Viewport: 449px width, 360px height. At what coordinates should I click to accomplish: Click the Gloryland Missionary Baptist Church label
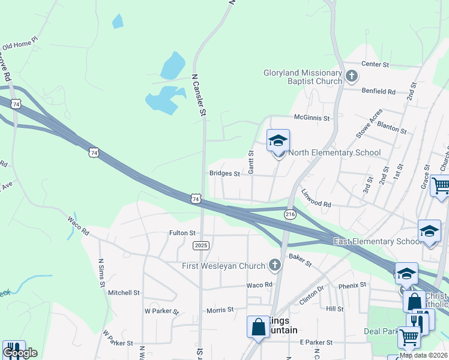tap(303, 77)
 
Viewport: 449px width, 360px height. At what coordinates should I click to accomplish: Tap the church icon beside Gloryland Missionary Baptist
tap(352, 76)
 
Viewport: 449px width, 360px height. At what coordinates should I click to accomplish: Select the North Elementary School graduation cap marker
tap(278, 141)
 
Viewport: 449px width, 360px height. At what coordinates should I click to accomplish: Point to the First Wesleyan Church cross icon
tap(275, 265)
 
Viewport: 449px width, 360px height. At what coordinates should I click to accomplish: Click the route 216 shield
tap(291, 214)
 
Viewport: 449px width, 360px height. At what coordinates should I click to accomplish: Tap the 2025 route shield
tap(201, 245)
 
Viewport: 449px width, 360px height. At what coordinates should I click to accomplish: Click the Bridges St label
tap(224, 174)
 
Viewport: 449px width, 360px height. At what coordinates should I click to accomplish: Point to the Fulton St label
tap(182, 233)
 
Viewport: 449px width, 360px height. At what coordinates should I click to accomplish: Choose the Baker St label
tap(300, 260)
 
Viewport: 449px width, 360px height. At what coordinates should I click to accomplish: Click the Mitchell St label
tap(124, 293)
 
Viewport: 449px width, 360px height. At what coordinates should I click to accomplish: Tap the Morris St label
tap(220, 310)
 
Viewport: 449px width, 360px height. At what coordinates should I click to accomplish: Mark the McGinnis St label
tap(312, 118)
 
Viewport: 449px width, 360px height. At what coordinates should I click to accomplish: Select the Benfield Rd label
tap(378, 92)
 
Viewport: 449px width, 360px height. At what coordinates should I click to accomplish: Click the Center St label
tap(375, 64)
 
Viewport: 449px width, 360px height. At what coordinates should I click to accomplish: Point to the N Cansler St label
tap(199, 95)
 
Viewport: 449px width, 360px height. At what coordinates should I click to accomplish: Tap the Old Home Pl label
tap(20, 44)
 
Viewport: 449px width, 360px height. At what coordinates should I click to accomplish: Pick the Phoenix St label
tap(352, 285)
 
